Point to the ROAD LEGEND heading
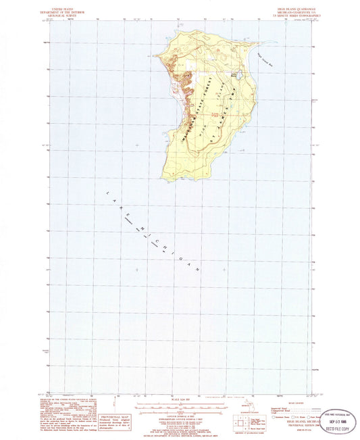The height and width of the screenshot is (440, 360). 288,404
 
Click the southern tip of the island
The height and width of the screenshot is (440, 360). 177,179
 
